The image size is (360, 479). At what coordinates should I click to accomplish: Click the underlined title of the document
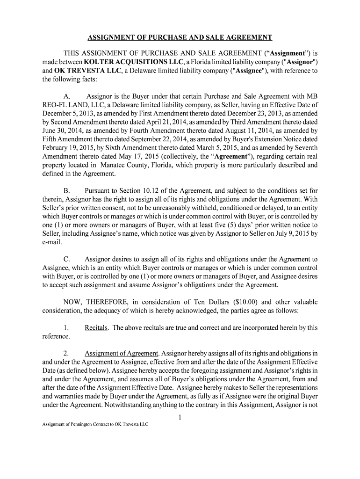point(180,37)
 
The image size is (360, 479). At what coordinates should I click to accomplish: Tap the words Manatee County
point(122,165)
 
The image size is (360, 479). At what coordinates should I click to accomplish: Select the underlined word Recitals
point(97,328)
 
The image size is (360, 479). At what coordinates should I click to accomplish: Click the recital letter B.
point(67,191)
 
